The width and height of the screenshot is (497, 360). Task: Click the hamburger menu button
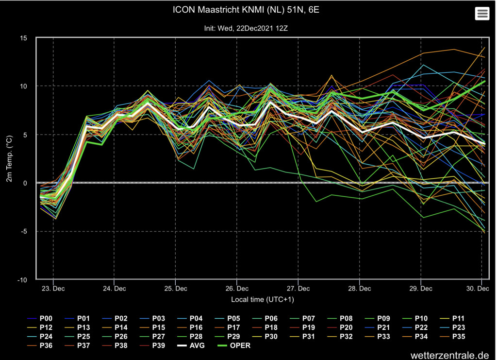482,14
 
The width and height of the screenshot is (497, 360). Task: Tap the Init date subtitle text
246,28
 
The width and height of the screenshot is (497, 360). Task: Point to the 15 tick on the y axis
23,38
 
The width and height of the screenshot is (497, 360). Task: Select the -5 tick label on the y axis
24,232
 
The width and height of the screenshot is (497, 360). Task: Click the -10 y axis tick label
22,280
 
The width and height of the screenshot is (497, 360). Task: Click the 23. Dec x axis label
53,289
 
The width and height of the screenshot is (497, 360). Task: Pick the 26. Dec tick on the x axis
237,289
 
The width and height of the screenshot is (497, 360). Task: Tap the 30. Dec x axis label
478,289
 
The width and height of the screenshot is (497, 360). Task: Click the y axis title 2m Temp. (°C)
9,158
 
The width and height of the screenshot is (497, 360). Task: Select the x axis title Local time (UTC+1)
263,299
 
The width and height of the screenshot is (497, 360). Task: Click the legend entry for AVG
191,345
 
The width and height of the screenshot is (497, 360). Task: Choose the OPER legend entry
234,345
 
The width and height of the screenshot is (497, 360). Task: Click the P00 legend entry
40,318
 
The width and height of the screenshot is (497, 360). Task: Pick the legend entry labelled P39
152,345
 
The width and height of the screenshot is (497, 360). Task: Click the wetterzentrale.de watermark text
450,355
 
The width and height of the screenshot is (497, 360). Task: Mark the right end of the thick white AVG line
485,144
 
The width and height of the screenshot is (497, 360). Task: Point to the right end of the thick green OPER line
485,81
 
